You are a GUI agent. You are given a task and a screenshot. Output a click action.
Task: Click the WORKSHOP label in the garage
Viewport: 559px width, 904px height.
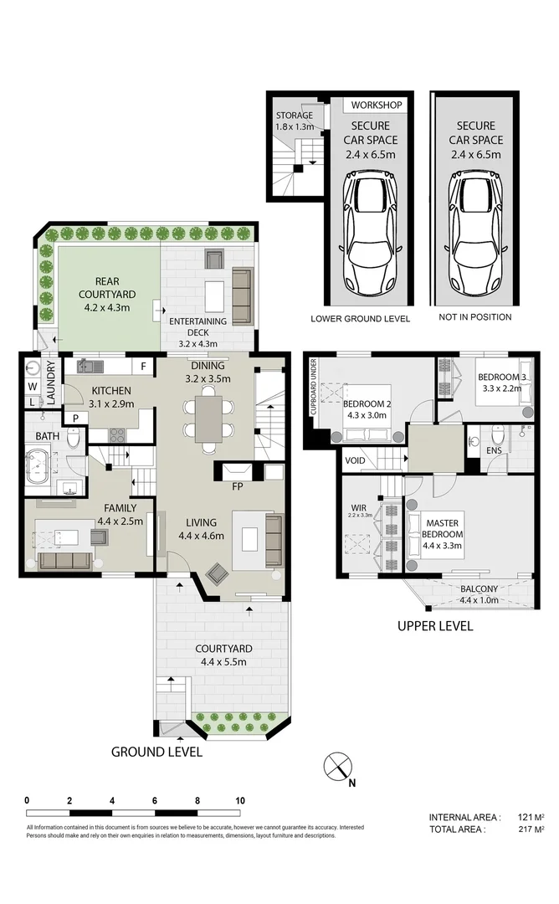click(377, 105)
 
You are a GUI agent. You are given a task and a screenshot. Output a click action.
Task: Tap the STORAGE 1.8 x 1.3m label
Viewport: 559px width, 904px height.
click(294, 121)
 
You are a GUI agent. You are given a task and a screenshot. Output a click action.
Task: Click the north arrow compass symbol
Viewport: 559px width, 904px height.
click(338, 767)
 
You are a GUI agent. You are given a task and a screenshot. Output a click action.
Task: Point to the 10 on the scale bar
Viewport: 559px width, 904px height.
click(240, 800)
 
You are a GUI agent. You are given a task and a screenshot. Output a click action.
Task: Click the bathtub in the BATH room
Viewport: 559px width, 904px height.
click(40, 462)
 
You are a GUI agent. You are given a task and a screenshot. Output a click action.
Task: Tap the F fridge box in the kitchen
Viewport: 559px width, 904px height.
click(143, 366)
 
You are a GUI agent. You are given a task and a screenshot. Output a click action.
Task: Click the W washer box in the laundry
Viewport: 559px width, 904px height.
click(33, 387)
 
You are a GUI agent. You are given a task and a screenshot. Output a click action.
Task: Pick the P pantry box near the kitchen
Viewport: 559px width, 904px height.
click(74, 418)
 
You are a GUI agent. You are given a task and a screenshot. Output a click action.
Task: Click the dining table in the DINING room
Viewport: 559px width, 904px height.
click(208, 419)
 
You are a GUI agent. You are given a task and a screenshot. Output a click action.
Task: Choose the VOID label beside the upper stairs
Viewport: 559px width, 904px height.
click(355, 460)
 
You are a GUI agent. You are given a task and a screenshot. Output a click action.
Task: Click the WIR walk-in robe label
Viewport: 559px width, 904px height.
click(359, 508)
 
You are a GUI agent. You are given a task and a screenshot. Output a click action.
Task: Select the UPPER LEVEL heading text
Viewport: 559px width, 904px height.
click(434, 626)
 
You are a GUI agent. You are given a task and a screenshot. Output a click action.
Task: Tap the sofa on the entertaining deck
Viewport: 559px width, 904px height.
click(242, 296)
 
